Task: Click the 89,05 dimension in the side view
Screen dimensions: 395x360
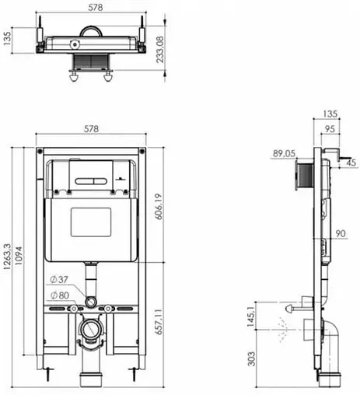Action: pyautogui.click(x=284, y=154)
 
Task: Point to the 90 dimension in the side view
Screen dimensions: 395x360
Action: pyautogui.click(x=341, y=234)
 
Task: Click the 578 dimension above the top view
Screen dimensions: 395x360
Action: pyautogui.click(x=92, y=7)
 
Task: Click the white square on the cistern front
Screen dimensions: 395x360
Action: pyautogui.click(x=92, y=223)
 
